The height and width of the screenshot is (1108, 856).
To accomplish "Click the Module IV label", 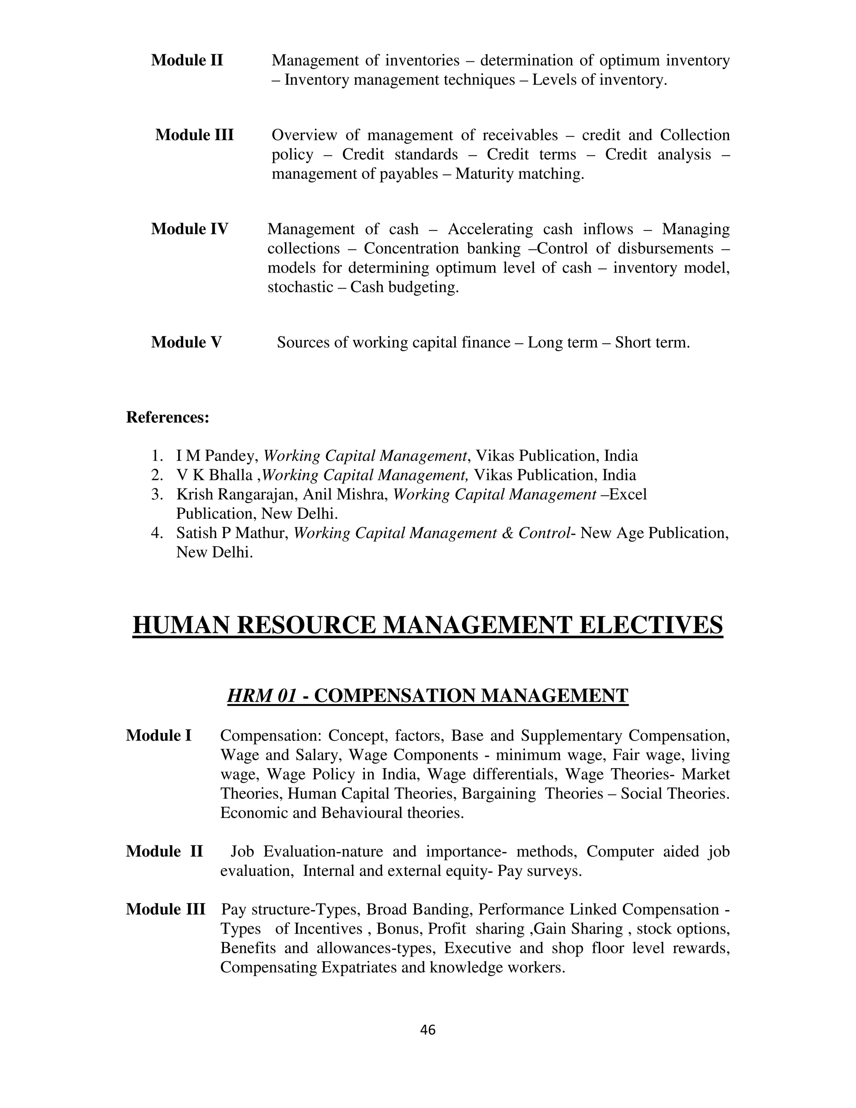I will pyautogui.click(x=190, y=229).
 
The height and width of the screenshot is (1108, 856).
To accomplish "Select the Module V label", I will pyautogui.click(x=186, y=342).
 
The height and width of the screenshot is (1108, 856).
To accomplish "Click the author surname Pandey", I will pyautogui.click(x=232, y=456).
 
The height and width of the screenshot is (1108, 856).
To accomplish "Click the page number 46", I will pyautogui.click(x=428, y=1030).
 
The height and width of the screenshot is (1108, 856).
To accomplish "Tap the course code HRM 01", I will pyautogui.click(x=261, y=696).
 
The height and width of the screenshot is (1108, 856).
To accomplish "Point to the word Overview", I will pyautogui.click(x=304, y=135).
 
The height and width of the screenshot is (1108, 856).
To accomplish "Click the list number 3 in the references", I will pyautogui.click(x=156, y=495).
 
